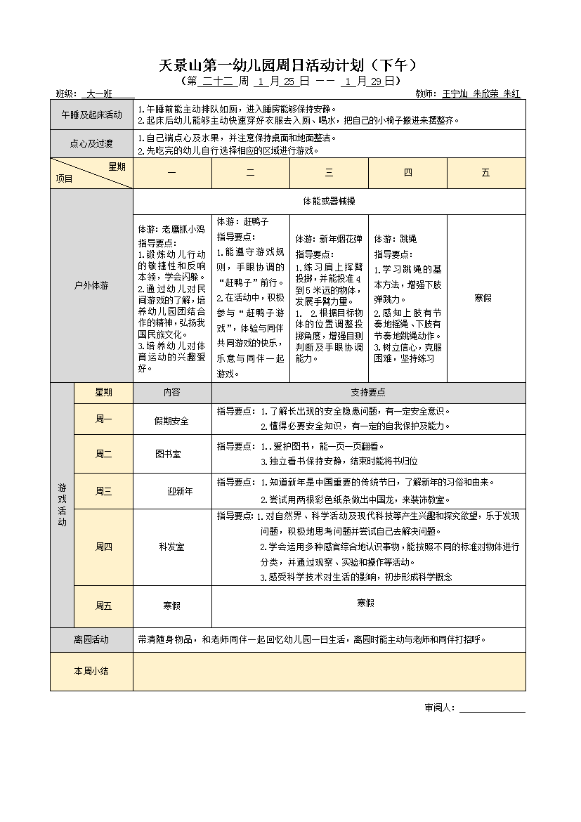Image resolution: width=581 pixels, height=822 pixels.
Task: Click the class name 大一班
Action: click(98, 93)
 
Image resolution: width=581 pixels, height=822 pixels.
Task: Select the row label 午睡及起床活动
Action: click(91, 115)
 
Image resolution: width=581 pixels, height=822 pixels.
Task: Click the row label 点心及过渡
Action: click(91, 144)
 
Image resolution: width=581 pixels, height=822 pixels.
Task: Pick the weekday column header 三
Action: click(329, 173)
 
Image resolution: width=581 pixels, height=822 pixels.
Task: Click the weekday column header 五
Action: click(485, 173)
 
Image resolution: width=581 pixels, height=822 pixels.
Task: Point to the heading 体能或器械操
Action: click(329, 201)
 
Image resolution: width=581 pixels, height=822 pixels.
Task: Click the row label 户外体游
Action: click(91, 286)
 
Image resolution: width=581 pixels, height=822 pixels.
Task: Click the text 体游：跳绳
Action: click(395, 239)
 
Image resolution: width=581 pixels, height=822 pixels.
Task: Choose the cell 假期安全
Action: click(171, 421)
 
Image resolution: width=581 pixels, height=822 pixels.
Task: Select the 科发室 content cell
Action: click(171, 547)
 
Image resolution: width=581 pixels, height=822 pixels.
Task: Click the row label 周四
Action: click(103, 547)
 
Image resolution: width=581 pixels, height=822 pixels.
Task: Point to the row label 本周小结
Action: click(91, 671)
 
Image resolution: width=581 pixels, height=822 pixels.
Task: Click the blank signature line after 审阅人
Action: click(492, 708)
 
